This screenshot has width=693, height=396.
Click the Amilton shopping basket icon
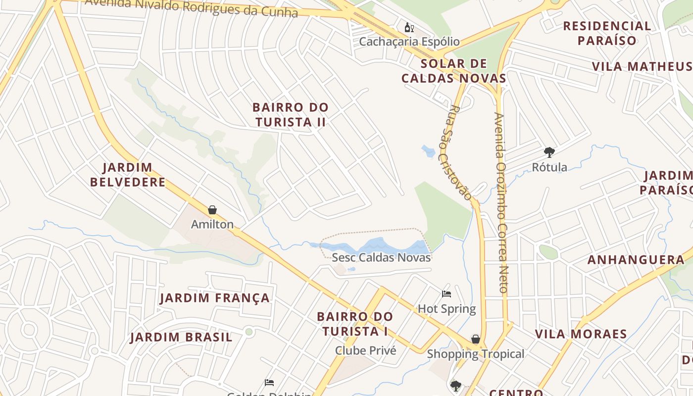212,210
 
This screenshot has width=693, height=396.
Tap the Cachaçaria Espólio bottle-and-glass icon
409,27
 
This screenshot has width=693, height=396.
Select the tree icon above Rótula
549,152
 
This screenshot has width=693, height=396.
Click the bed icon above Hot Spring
446,294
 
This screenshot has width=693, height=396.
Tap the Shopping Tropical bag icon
475,339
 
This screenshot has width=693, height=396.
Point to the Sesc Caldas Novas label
381,257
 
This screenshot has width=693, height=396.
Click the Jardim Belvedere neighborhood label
128,175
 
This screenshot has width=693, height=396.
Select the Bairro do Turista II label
290,114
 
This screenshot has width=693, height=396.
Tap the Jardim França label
215,298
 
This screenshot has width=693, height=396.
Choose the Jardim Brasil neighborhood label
181,338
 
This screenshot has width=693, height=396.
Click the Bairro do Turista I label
355,324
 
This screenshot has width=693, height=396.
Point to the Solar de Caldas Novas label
453,71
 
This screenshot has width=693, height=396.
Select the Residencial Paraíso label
607,33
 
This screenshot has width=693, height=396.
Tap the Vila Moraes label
581,334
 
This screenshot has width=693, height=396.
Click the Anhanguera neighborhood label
636,260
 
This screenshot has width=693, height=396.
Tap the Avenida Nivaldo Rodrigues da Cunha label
191,6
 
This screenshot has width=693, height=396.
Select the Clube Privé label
366,350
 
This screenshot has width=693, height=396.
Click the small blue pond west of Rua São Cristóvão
428,151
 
